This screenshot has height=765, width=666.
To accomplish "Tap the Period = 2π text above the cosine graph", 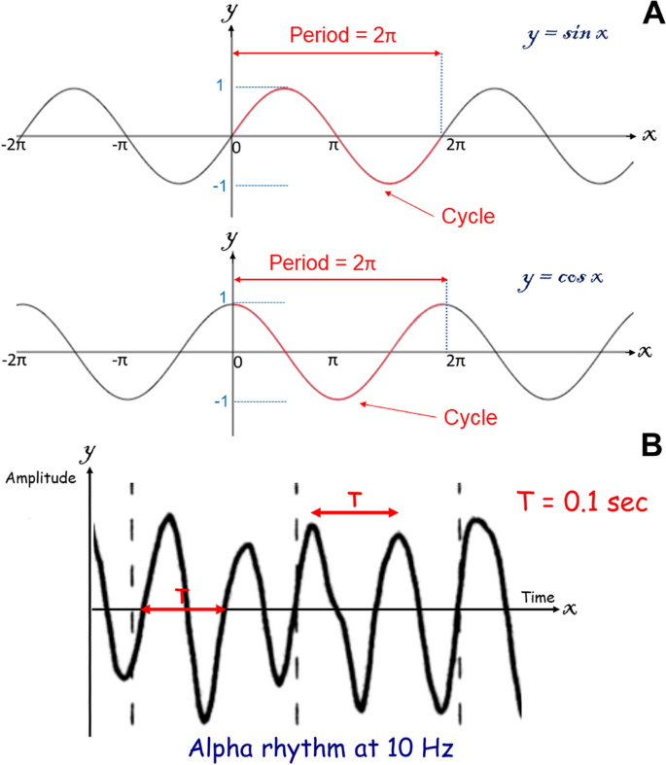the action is click(322, 262).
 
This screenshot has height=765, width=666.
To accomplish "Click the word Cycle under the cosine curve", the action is click(471, 418).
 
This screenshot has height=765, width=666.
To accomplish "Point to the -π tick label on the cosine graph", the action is click(120, 361).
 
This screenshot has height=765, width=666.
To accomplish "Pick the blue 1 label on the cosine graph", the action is click(223, 297).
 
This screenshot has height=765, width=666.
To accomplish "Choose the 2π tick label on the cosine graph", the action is click(453, 362).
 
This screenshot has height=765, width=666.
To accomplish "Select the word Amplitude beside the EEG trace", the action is click(40, 477).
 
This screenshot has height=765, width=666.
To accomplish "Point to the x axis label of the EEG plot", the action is click(570, 609).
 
